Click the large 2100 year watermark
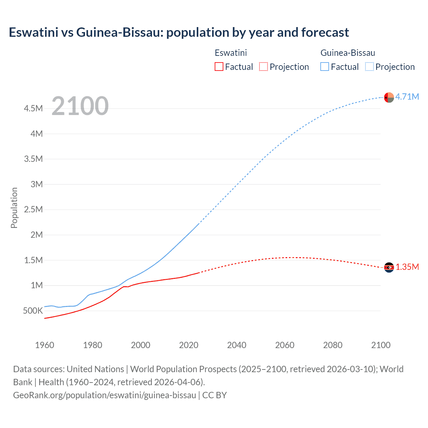point(80,106)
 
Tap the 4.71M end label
point(407,97)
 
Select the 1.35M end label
point(407,267)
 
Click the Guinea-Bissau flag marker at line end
point(389,97)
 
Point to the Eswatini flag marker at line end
point(389,267)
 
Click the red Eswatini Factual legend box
point(219,67)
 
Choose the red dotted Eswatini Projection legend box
point(263,67)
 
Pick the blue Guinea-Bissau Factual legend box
point(325,67)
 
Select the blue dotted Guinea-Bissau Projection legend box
point(369,67)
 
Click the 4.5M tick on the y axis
point(33,109)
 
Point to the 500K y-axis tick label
point(33,311)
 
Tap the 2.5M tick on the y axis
point(33,210)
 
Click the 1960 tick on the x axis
point(44,345)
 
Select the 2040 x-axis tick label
point(237,345)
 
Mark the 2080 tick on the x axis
point(333,345)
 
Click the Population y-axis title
point(14,208)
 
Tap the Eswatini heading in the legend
point(231,53)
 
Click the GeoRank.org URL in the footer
point(104,395)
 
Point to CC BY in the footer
point(214,395)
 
